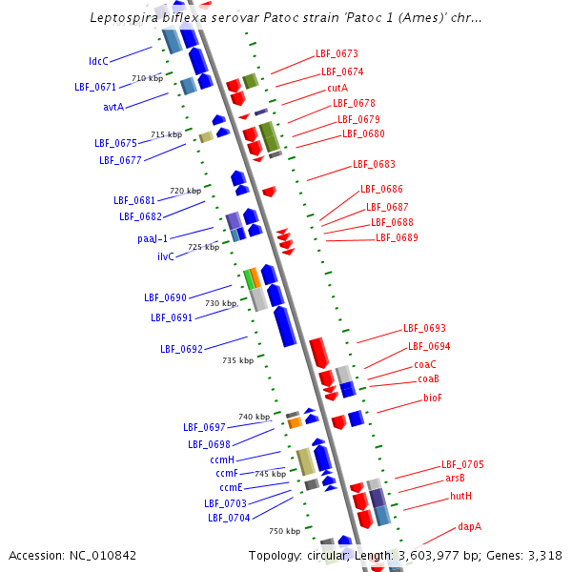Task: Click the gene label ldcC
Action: point(99,61)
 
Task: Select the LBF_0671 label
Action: point(95,87)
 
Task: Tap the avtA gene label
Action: point(113,107)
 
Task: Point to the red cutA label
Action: point(337,87)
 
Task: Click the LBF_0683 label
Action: point(374,164)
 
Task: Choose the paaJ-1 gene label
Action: point(146,238)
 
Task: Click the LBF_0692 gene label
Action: point(181,349)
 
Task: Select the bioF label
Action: point(433,398)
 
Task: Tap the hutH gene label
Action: point(461,497)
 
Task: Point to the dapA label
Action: point(469,525)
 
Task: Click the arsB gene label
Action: point(455,478)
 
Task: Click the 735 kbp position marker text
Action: point(237,360)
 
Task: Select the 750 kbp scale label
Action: point(284,531)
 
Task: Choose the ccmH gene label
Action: point(222,460)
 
